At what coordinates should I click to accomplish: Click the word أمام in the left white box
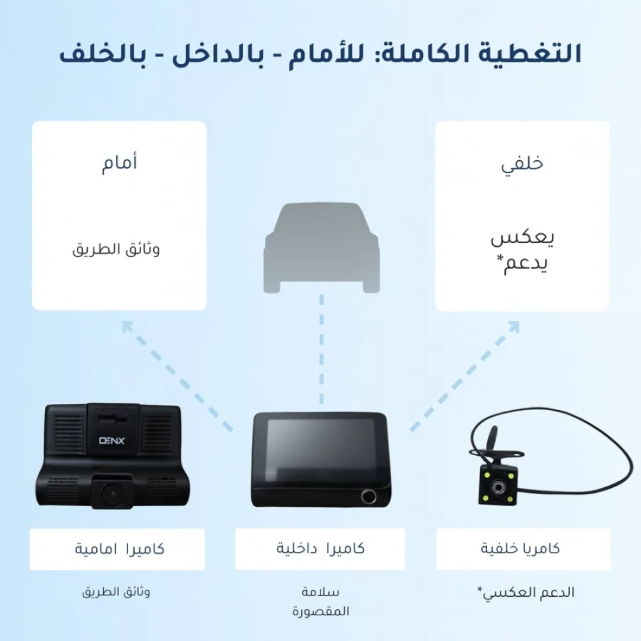click(x=119, y=164)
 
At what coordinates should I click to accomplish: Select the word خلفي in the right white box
click(x=522, y=164)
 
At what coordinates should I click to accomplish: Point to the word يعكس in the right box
click(x=522, y=238)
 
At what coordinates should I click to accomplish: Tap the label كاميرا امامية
click(x=119, y=549)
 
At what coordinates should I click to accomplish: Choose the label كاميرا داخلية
click(x=320, y=549)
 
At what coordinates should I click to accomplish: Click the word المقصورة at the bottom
click(x=320, y=611)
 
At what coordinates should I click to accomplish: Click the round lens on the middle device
click(x=370, y=496)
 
